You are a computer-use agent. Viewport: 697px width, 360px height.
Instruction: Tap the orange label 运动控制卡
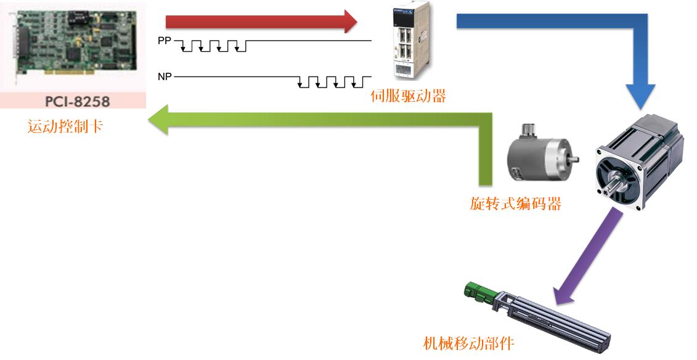point(65,127)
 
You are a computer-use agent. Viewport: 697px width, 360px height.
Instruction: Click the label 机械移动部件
point(468,343)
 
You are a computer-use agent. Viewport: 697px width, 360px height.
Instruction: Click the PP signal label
point(165,41)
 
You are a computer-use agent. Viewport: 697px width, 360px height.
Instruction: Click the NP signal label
point(165,77)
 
